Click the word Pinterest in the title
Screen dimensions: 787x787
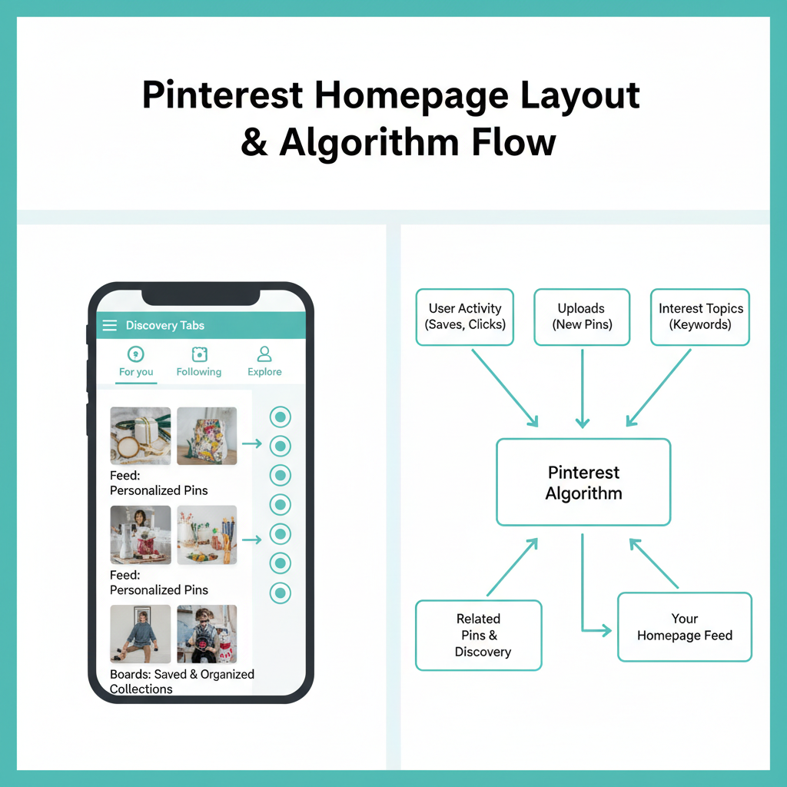222,95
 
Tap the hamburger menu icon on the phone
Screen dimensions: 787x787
109,325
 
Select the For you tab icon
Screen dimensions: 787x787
135,354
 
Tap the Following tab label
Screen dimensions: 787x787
199,372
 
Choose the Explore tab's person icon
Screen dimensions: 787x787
264,354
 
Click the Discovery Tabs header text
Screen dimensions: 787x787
165,325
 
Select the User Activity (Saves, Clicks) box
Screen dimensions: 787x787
465,317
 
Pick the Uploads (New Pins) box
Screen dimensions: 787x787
582,317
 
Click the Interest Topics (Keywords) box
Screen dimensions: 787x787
700,317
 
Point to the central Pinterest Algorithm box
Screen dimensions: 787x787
584,483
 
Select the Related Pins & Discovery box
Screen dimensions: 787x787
479,636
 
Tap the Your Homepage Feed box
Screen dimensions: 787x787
685,627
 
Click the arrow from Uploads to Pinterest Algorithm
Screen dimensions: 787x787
583,388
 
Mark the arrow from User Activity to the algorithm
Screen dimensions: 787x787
505,388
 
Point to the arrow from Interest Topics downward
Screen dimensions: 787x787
659,388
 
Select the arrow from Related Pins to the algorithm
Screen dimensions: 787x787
513,567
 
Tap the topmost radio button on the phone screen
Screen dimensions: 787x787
280,417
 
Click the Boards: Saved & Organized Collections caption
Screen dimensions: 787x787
181,681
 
